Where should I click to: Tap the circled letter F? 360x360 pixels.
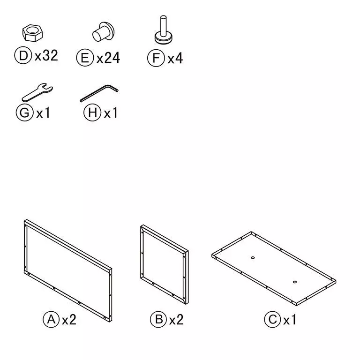pyautogui.click(x=156, y=58)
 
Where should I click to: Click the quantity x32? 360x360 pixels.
pyautogui.click(x=46, y=56)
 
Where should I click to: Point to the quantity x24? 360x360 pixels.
pyautogui.click(x=108, y=58)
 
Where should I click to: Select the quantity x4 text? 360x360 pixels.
pyautogui.click(x=175, y=58)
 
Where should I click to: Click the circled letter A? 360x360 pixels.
pyautogui.click(x=51, y=320)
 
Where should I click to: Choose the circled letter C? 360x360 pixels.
pyautogui.click(x=272, y=320)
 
